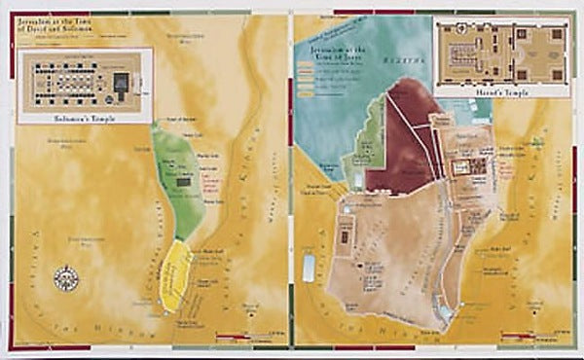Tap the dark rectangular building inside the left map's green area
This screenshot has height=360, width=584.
[x=183, y=181]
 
